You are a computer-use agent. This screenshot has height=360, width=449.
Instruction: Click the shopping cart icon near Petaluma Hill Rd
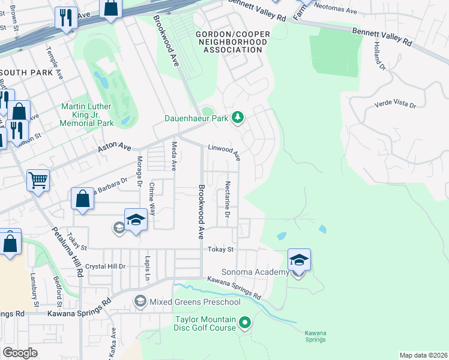pos(38,179)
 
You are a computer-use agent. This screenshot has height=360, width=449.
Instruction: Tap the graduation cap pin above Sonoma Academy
pos(299,260)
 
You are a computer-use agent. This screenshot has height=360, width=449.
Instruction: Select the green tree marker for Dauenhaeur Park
pos(238,118)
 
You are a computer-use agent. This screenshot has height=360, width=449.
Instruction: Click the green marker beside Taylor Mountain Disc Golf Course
pos(244,323)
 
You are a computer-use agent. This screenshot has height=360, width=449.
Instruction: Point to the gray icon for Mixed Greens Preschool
pos(140,301)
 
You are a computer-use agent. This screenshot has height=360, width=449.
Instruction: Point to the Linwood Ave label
pos(224,152)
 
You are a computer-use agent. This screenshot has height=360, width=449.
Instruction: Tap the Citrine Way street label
pos(152,199)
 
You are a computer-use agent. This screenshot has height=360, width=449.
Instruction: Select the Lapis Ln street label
pos(146,268)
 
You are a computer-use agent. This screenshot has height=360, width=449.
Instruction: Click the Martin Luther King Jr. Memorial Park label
pos(87,115)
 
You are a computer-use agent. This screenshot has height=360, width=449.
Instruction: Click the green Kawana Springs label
pos(315,336)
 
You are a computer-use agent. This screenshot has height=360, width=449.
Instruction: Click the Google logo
pos(20,353)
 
